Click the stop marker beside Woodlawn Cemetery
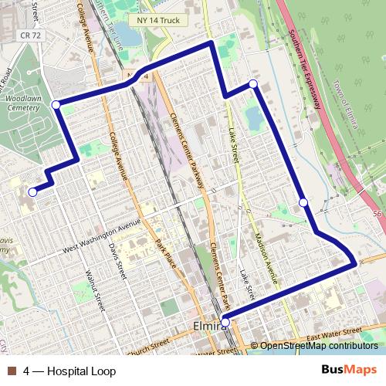tap(56, 104)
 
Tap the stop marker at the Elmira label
tap(225, 321)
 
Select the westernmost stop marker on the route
tap(32, 192)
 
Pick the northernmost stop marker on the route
tap(252, 83)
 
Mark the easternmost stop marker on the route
tap(303, 203)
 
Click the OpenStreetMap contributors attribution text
tap(318, 346)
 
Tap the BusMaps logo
tap(350, 371)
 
